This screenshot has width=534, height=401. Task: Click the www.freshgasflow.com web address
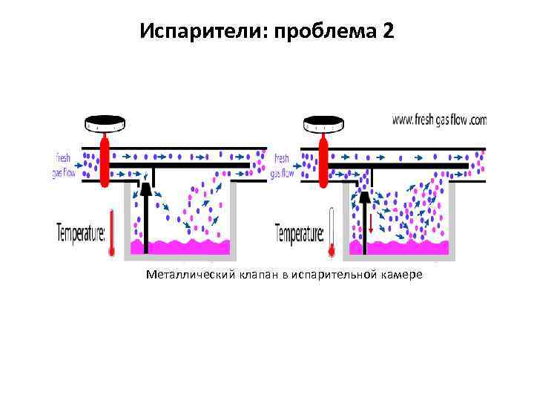click(438, 119)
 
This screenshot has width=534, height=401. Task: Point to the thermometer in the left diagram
click(111, 233)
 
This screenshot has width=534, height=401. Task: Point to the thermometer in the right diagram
click(331, 233)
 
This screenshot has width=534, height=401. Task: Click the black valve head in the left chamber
click(146, 191)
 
